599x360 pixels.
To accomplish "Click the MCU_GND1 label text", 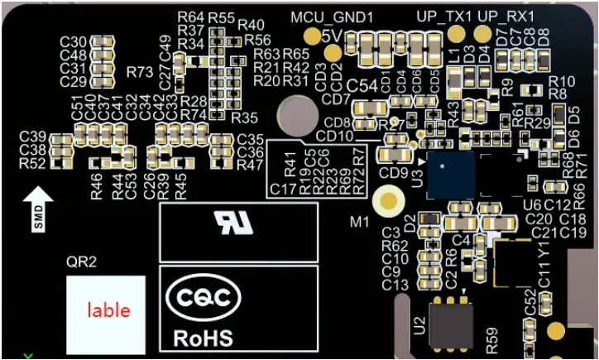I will point(333,17).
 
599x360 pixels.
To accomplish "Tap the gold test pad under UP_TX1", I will point(453,34).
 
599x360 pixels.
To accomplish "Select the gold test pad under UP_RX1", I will point(482,34).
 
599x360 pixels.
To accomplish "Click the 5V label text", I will point(332,38).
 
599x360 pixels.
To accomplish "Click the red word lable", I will point(108,310).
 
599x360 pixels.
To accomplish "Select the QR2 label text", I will point(81,262).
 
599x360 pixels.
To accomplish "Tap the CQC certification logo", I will point(204,298).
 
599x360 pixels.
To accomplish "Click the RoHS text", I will point(203,338).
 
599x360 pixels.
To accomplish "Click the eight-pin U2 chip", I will point(451,324).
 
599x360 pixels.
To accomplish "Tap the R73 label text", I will point(140,73).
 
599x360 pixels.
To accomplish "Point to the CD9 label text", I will point(393,173).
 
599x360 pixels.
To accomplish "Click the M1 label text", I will point(359,222).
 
